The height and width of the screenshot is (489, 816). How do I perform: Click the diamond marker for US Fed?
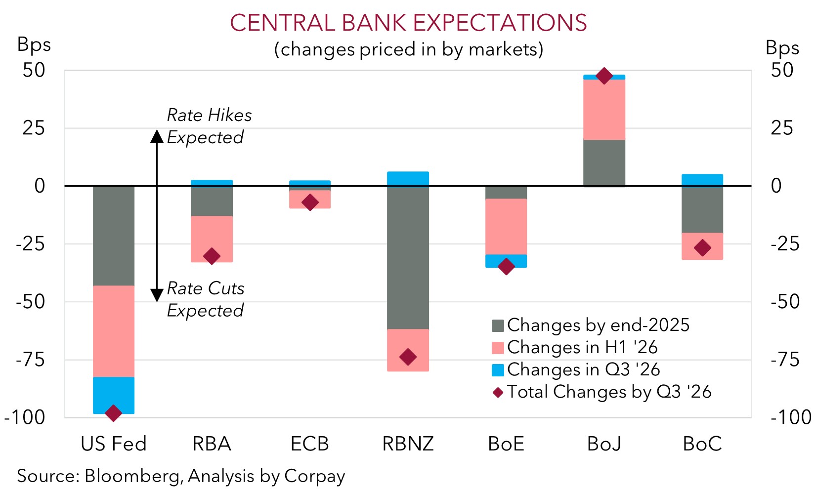(114, 413)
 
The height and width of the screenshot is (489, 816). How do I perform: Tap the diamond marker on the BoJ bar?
(604, 76)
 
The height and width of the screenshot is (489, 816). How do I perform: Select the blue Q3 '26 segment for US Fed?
(114, 395)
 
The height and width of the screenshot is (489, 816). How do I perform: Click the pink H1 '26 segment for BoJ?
(604, 109)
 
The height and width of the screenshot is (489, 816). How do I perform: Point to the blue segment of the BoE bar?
(506, 260)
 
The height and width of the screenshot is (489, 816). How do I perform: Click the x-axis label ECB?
(310, 444)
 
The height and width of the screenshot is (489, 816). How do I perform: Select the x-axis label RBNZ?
(408, 444)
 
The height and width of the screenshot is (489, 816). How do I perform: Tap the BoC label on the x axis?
(702, 444)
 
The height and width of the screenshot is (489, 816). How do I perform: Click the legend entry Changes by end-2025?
(598, 325)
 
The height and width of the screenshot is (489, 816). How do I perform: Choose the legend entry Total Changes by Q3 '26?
(608, 392)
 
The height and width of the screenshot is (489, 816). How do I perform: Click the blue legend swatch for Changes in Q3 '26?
(498, 370)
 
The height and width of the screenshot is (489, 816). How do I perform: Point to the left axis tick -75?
(31, 360)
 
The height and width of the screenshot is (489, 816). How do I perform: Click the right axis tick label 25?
(781, 128)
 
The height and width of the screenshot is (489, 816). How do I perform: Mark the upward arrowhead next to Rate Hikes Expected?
(157, 136)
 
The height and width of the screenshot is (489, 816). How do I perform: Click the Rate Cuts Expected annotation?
(205, 299)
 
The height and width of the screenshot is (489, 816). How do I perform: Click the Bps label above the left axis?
(34, 44)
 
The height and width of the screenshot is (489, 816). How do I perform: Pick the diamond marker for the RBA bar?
(212, 256)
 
